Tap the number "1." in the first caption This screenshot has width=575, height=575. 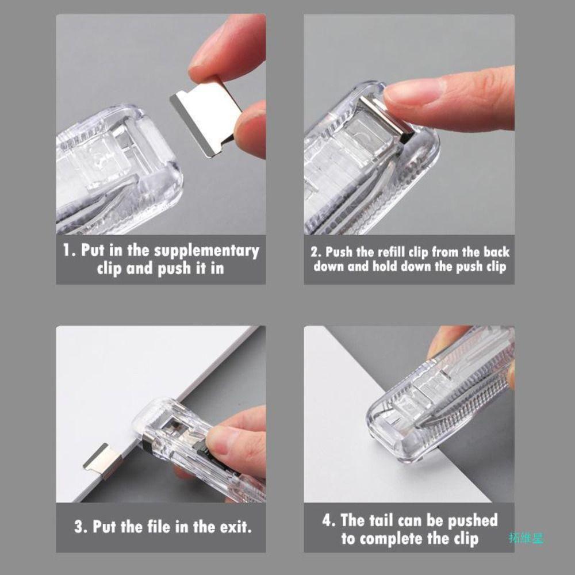[x=69, y=251]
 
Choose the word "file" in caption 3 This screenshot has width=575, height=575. [x=170, y=527]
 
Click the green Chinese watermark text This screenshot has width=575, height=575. [x=526, y=539]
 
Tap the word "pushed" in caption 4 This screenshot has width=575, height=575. [x=469, y=521]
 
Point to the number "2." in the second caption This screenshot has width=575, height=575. [x=316, y=252]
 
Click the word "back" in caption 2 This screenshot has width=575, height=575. [x=496, y=252]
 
